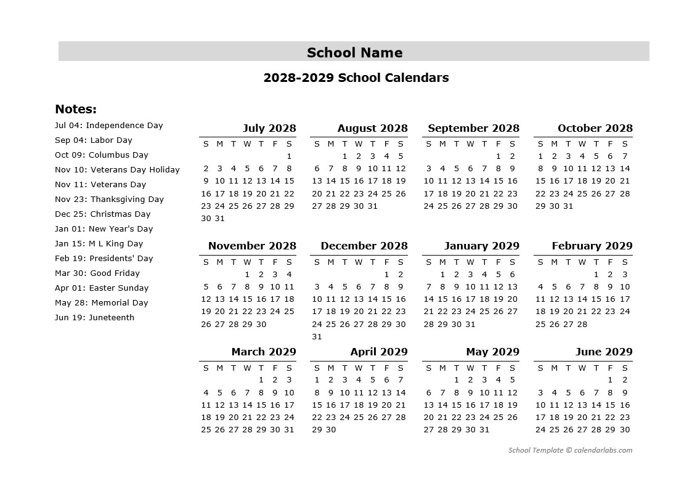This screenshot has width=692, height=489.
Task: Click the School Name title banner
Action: pos(354,52)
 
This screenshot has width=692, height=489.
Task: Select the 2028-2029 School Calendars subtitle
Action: pos(356,78)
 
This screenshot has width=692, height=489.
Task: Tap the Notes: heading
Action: pos(76,109)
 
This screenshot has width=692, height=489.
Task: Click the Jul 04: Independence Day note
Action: pos(108,125)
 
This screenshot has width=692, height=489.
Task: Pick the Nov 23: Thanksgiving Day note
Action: pos(109,199)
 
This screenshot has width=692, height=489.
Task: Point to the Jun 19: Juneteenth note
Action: pos(94,317)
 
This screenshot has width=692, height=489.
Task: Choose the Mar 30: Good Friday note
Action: pos(97,273)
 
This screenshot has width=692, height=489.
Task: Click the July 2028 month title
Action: pos(269,128)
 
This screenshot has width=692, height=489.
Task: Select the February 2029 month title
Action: pos(592,246)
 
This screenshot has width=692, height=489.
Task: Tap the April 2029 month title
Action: pos(378,352)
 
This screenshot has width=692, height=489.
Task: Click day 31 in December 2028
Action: pos(317,336)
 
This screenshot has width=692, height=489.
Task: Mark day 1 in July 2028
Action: pos(289,156)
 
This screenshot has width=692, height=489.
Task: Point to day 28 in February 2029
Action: pos(582,324)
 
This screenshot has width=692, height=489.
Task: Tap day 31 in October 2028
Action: pos(568,206)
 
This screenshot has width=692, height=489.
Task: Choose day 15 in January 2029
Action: pos(442,299)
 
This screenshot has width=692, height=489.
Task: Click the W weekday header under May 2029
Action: pos(470,368)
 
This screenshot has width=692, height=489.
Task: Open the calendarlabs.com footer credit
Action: pos(570,450)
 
